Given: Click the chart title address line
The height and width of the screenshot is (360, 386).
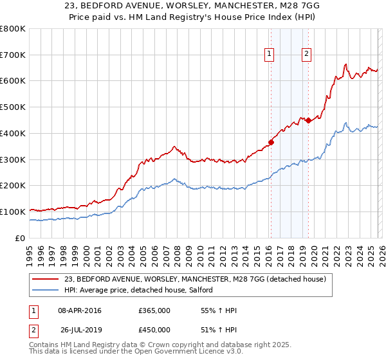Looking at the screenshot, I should coord(192,5).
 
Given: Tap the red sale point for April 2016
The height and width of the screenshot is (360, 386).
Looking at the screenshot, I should coord(271,142).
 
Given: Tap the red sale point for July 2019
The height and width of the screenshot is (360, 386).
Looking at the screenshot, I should coord(308,120).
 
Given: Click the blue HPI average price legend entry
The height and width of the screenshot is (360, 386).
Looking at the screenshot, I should coord(142,291).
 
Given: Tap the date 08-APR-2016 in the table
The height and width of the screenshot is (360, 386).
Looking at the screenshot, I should coord(79,310).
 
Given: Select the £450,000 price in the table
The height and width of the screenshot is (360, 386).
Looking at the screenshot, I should coord(154,329).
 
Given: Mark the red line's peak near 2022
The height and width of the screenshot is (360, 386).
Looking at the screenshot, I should coord(345,64).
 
